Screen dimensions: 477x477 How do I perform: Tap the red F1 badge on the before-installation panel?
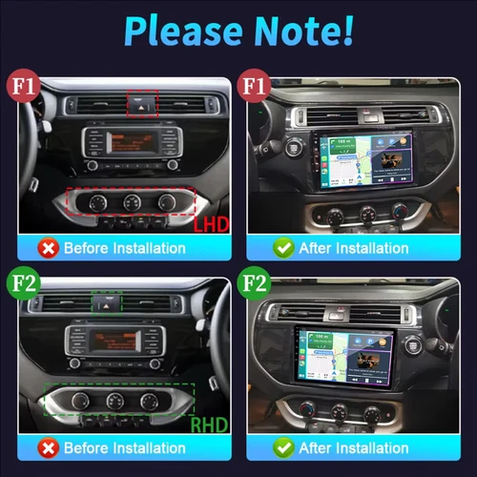click(x=22, y=87)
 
